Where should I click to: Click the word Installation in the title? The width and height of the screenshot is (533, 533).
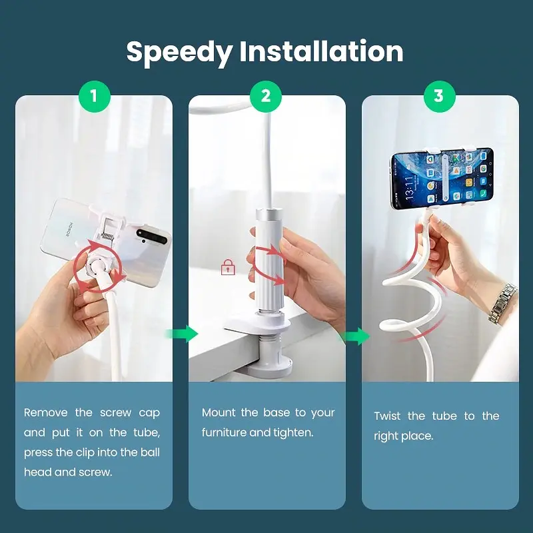(321, 51)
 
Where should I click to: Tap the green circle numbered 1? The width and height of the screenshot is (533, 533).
(95, 96)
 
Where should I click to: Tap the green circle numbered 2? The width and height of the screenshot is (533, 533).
(266, 96)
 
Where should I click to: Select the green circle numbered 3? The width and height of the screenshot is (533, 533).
(439, 96)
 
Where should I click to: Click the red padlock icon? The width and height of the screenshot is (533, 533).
(228, 267)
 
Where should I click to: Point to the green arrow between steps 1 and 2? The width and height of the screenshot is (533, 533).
(182, 334)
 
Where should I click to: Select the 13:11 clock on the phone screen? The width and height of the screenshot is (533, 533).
(409, 188)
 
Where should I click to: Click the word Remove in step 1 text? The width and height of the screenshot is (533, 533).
(46, 412)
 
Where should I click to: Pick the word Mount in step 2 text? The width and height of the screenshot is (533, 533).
(218, 412)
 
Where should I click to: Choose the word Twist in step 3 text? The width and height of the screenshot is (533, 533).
(388, 416)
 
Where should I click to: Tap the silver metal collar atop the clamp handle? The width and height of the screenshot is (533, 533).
(269, 214)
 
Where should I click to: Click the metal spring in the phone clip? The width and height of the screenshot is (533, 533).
(107, 236)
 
